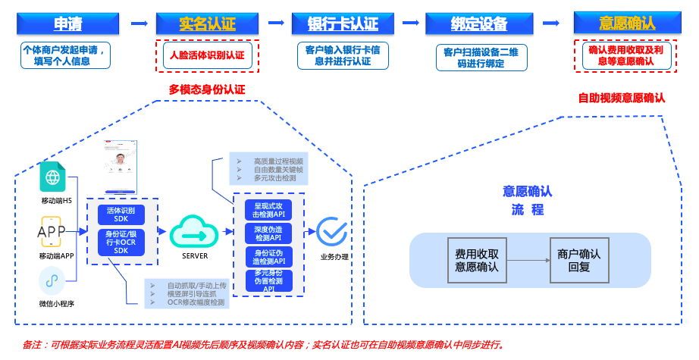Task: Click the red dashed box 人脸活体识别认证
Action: pyautogui.click(x=207, y=55)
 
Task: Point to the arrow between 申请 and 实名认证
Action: pyautogui.click(x=139, y=23)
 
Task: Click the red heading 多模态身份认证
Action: pyautogui.click(x=207, y=89)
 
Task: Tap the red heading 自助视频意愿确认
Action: pyautogui.click(x=622, y=98)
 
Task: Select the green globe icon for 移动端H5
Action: pyautogui.click(x=52, y=177)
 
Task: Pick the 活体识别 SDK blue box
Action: pyautogui.click(x=121, y=214)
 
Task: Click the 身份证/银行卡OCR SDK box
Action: pyautogui.click(x=121, y=243)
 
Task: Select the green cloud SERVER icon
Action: pyautogui.click(x=194, y=231)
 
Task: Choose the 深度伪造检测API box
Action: pyautogui.click(x=269, y=233)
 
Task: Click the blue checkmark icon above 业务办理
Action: pyautogui.click(x=331, y=231)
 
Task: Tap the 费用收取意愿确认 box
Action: pyautogui.click(x=477, y=260)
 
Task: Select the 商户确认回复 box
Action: pyautogui.click(x=578, y=260)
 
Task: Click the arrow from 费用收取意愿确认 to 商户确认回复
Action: pyautogui.click(x=528, y=260)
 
